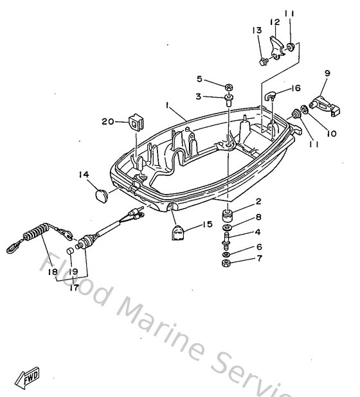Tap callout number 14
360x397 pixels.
(x=84, y=174)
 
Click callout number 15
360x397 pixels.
(x=207, y=224)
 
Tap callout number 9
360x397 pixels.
(x=327, y=74)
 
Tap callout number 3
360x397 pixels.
(x=199, y=96)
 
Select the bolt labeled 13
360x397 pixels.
(x=264, y=62)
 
